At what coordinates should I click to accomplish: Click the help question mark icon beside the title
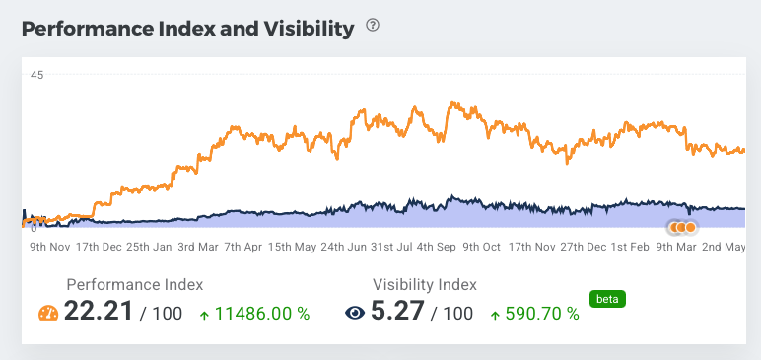coord(373,26)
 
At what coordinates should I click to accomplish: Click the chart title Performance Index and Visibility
coord(187,29)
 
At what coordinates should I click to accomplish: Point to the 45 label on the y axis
coord(36,74)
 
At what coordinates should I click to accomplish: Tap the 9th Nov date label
coord(49,246)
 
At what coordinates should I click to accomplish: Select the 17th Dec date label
coord(99,246)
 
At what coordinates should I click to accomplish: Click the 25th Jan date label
coord(150,246)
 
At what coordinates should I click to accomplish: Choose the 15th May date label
coord(293,246)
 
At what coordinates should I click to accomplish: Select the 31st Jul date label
coord(391,246)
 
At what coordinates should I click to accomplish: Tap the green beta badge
coord(607,297)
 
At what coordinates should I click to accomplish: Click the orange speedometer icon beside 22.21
coord(49,314)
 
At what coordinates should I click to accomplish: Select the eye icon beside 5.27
coord(355,314)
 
